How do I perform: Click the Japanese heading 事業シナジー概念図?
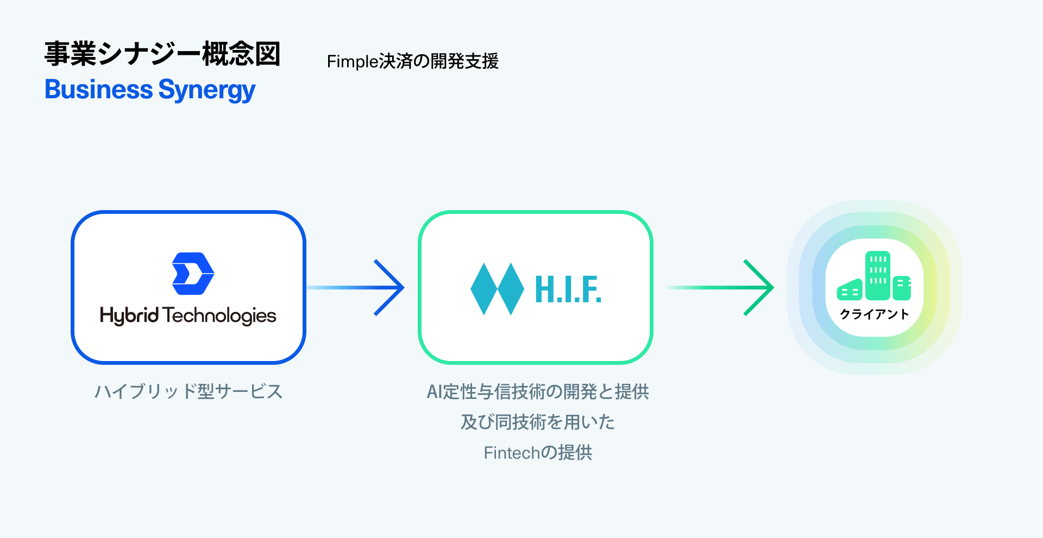point(162,54)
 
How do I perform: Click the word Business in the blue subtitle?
point(99,90)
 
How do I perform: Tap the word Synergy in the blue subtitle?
point(207,91)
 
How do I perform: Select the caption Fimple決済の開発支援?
point(412,61)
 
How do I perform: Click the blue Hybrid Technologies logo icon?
point(193,274)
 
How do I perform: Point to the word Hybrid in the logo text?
point(129,315)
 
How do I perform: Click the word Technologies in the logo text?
point(219,315)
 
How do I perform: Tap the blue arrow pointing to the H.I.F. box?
point(375,287)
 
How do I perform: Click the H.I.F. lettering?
point(568,289)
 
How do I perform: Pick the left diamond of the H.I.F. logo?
point(483,289)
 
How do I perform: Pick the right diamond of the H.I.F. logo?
point(511,289)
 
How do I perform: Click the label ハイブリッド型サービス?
point(189,391)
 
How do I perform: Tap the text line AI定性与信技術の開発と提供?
point(538,391)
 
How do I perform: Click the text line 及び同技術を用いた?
point(538,422)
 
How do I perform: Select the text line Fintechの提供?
point(538,452)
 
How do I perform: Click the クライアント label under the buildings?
point(874,314)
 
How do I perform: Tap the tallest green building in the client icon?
point(877,275)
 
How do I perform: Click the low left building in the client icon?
point(850,290)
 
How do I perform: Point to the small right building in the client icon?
point(902,288)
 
